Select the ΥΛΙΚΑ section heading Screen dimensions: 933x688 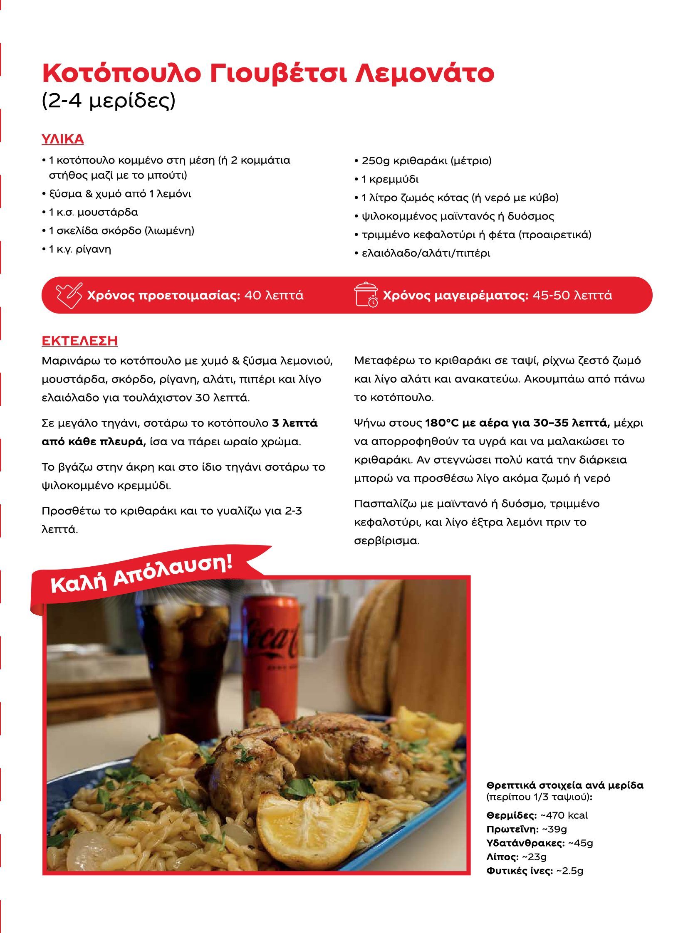(x=62, y=139)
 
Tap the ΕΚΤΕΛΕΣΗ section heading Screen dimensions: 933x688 (x=79, y=341)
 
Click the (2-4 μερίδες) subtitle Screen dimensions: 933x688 (x=109, y=101)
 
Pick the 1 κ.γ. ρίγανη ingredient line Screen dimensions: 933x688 (x=79, y=249)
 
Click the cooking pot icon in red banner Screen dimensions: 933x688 (x=366, y=295)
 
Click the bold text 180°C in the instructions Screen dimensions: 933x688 (x=442, y=423)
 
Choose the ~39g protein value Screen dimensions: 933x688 (x=554, y=829)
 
